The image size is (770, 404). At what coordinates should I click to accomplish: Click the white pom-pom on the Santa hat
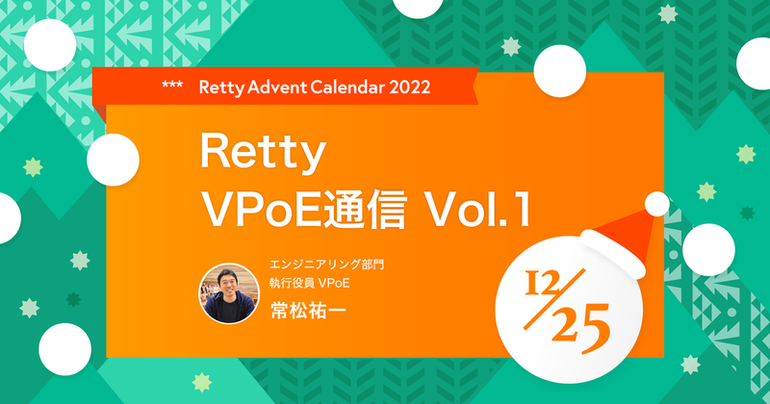point(656,204)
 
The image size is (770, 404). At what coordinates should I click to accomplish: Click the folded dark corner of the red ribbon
point(99,100)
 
